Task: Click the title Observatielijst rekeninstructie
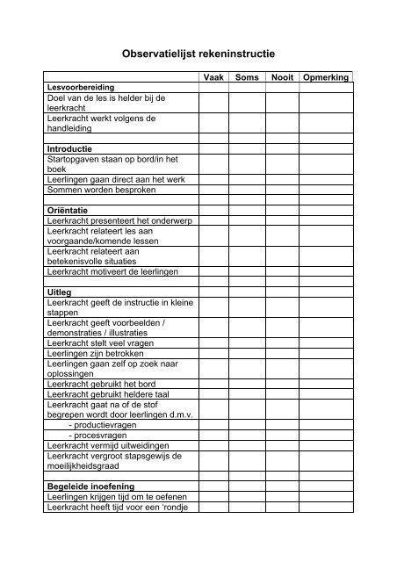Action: (198, 53)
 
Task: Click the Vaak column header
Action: (213, 78)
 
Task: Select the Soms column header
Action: (249, 78)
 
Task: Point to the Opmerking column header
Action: (325, 78)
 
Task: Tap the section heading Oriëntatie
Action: (70, 211)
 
